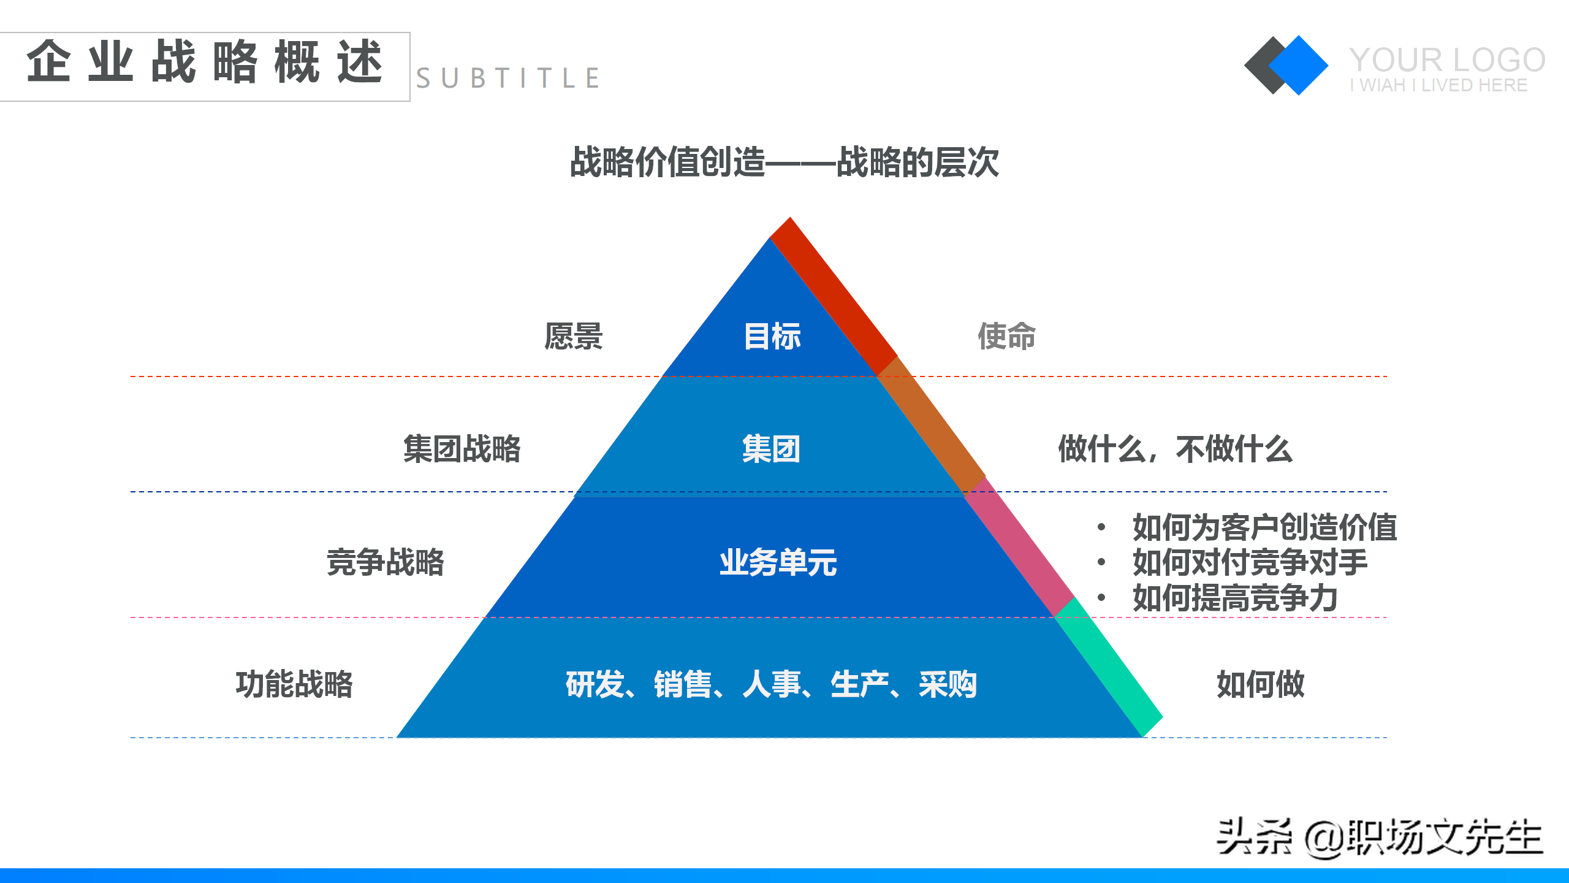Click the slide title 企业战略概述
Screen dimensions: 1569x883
[205, 62]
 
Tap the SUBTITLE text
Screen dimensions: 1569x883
[507, 78]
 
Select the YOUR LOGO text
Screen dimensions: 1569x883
[1446, 60]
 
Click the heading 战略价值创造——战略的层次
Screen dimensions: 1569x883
[784, 162]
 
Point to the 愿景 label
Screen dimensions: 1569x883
[573, 336]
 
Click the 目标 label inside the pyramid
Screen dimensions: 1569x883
[772, 336]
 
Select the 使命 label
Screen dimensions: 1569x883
[1006, 336]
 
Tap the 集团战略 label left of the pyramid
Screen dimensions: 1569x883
[462, 449]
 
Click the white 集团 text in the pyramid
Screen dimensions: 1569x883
[771, 449]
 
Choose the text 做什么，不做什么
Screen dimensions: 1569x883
[1175, 449]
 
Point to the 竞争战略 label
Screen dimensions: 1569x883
[385, 562]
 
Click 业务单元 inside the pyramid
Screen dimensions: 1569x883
[778, 562]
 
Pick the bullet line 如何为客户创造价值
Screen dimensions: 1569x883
[1264, 527]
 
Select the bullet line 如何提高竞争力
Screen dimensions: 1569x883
[1234, 598]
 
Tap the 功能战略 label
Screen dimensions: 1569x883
[294, 684]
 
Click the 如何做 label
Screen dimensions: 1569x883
[1260, 684]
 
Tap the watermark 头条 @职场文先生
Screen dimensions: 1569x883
[1379, 837]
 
